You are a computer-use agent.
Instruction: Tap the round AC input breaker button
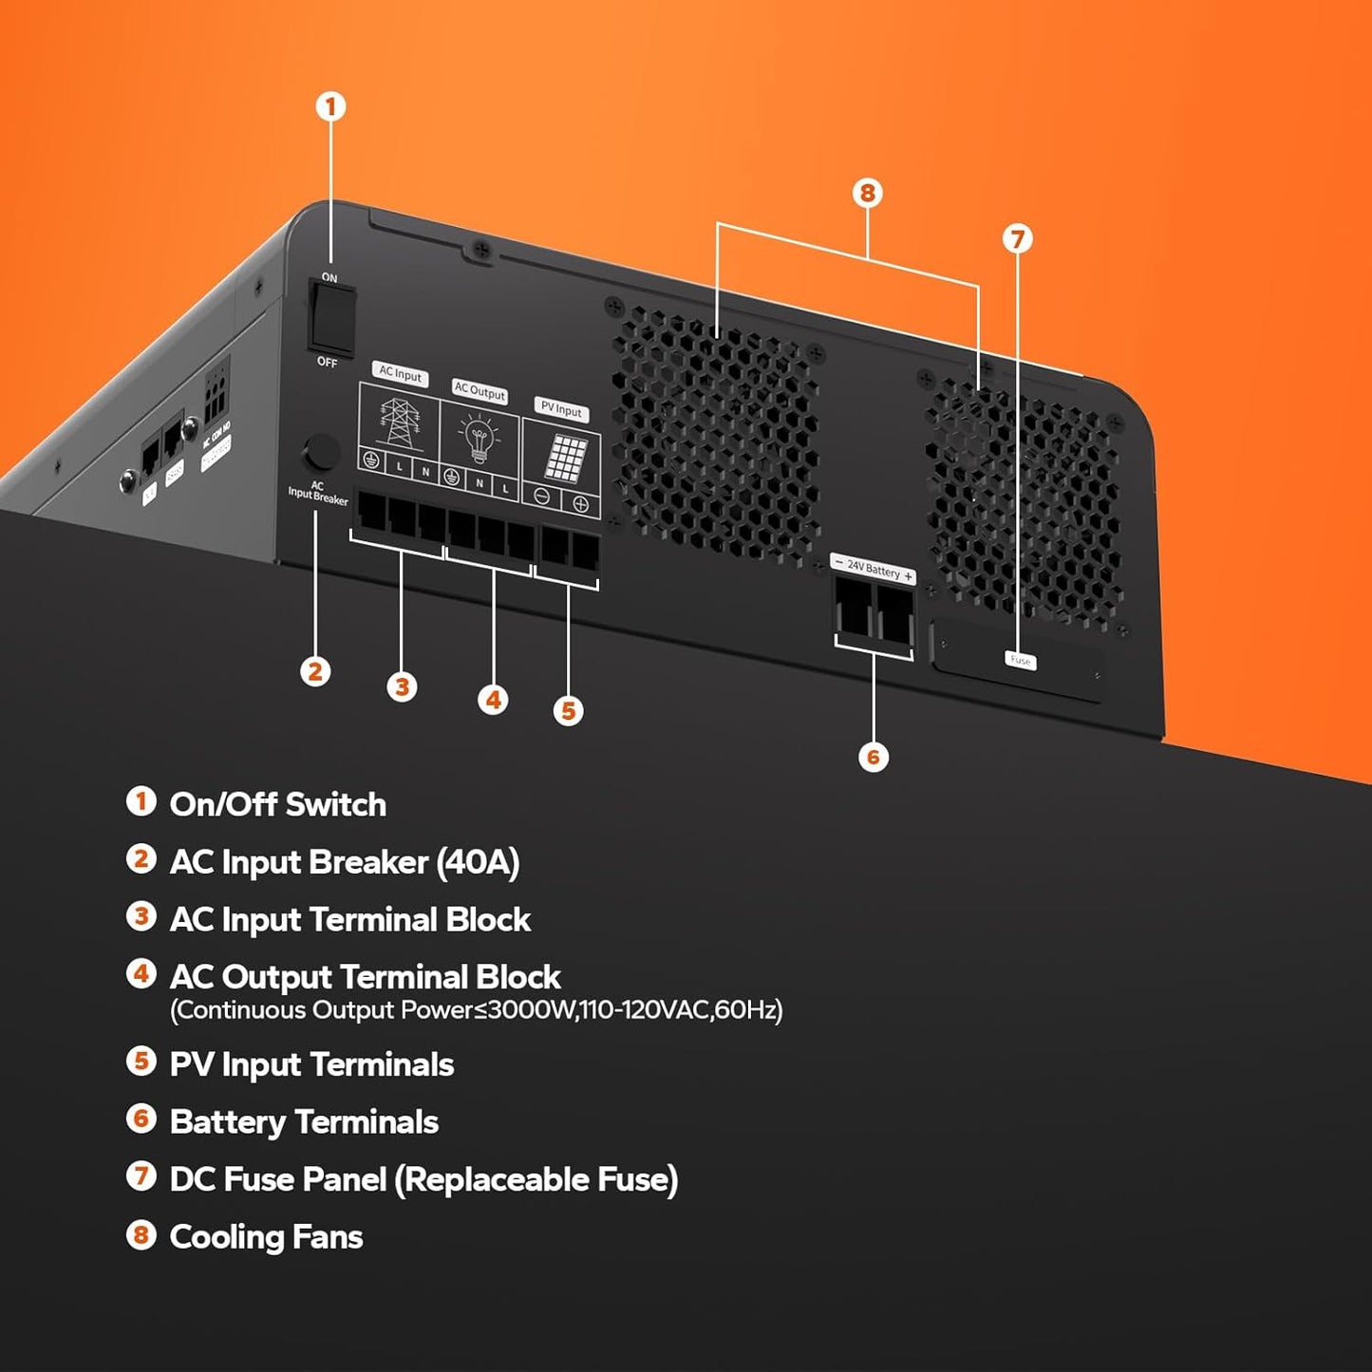click(x=321, y=453)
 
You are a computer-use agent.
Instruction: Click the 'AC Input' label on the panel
click(x=400, y=374)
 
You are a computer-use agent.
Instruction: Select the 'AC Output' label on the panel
click(x=479, y=390)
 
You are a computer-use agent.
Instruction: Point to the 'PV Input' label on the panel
click(x=561, y=409)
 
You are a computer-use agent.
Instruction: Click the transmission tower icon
click(x=400, y=422)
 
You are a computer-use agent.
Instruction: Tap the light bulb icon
click(x=479, y=441)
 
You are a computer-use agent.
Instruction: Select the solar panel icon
click(x=565, y=459)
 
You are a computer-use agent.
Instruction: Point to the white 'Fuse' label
click(x=1020, y=660)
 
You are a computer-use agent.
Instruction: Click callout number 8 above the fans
click(x=867, y=194)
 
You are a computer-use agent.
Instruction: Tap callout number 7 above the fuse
click(x=1017, y=238)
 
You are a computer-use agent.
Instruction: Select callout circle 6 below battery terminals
click(x=874, y=757)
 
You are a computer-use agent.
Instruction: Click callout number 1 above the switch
click(x=330, y=106)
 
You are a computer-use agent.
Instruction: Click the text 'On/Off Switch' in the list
click(x=277, y=804)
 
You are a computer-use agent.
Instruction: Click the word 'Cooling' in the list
click(x=225, y=1237)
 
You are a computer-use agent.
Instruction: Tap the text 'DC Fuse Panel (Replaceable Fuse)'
click(x=423, y=1179)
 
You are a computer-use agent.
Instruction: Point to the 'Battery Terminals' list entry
click(x=304, y=1122)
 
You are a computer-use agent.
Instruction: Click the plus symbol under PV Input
click(x=580, y=504)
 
